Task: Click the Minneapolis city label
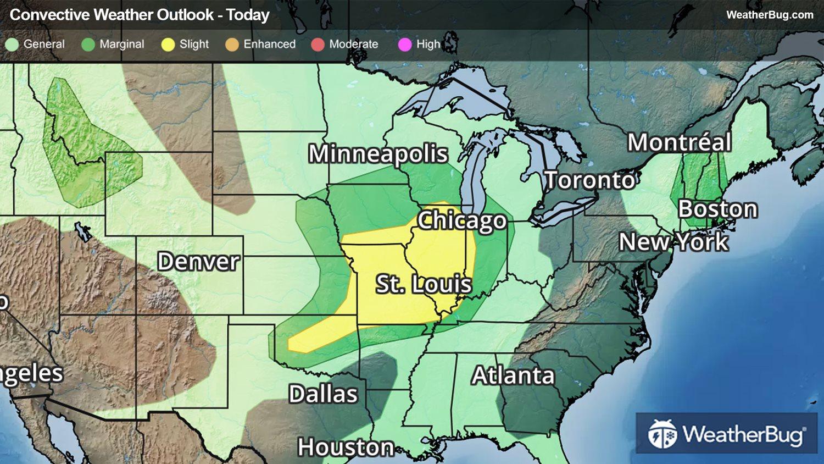coord(378,154)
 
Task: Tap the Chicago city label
coord(461,220)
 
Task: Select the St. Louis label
coord(424,284)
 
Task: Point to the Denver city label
coord(198,261)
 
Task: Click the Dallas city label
coord(323,394)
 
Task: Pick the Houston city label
coord(346,447)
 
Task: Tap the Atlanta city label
coord(513,375)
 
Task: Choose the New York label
coord(673,242)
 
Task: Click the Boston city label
coord(717,209)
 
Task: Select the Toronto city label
coord(589,180)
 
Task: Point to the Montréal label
coord(679,142)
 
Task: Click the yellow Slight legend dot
coord(168,45)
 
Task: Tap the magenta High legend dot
coord(405,45)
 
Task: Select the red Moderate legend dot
coord(318,45)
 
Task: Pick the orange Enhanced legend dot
coord(232,45)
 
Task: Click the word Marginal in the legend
coord(121,44)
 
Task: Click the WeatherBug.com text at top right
coord(769,15)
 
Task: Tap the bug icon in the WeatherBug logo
coord(662,434)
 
